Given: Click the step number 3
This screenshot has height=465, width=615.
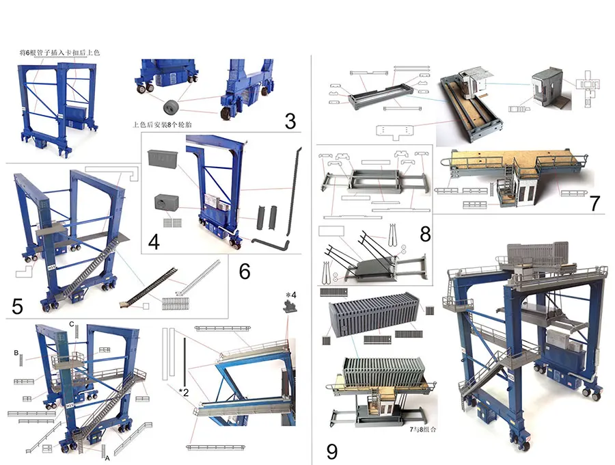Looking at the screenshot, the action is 290,121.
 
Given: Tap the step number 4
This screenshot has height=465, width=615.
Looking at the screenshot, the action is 154,241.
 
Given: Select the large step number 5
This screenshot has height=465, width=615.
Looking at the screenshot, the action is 17,306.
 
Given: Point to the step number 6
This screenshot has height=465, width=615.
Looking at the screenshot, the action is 245,271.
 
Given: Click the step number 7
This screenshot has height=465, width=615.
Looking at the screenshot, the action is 595,203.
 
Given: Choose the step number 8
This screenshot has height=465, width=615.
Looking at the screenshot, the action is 425,234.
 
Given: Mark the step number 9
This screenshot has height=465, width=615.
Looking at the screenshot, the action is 332,451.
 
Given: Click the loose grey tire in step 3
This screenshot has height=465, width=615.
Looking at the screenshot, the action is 171,107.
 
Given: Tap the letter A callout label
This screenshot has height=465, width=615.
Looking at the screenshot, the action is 107,458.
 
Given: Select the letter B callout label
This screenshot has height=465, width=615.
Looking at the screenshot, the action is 16,353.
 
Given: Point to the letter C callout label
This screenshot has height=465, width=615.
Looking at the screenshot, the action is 71,324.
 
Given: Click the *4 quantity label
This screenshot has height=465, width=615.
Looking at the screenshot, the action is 291,295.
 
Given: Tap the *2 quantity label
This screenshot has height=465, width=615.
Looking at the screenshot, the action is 184,392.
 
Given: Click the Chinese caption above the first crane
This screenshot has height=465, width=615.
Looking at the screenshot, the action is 59,52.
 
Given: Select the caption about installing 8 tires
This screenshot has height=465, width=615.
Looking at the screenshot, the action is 162,124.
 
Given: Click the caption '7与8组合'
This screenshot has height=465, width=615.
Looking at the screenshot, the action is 423,429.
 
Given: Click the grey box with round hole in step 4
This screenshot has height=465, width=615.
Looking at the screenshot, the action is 167,203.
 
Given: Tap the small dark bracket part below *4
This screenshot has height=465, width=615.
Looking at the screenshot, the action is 290,306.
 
